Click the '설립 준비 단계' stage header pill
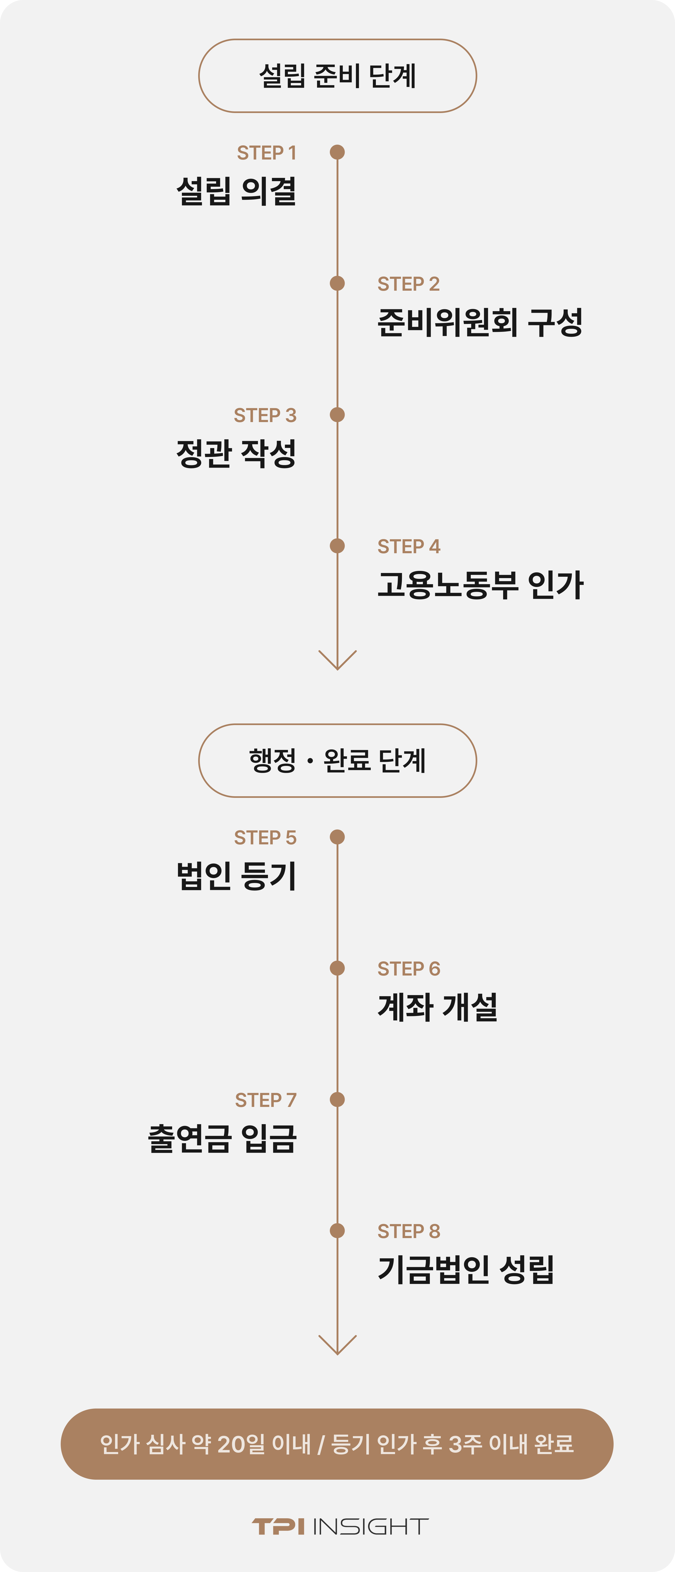tap(337, 76)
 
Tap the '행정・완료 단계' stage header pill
tap(337, 760)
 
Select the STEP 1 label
tap(267, 153)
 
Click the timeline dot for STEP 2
tap(337, 283)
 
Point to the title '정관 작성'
tap(236, 453)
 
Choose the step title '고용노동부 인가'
tap(480, 585)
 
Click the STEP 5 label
tap(265, 837)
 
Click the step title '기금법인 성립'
tap(466, 1270)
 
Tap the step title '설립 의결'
tap(236, 191)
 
